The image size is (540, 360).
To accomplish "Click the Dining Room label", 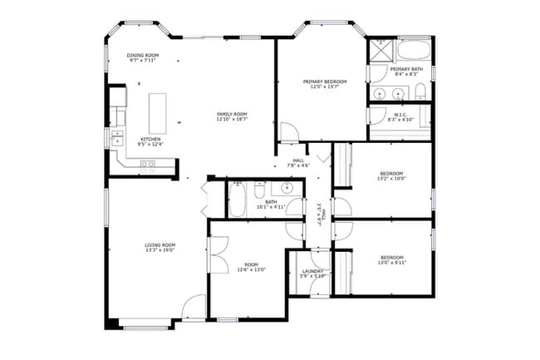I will click(144, 55).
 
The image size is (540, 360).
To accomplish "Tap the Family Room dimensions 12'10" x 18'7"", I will click(233, 120).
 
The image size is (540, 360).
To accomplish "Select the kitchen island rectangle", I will click(158, 108).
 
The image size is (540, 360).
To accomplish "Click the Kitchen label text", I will click(150, 139).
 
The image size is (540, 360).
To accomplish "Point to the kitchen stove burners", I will click(147, 165).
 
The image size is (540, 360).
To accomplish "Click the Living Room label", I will click(160, 244).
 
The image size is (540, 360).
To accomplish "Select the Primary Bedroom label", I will click(323, 81).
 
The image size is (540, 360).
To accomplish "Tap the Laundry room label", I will click(313, 271).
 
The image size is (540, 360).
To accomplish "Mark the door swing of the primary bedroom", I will click(289, 132).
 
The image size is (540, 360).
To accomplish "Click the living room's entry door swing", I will click(194, 307).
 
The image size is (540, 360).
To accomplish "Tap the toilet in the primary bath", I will click(420, 91).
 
